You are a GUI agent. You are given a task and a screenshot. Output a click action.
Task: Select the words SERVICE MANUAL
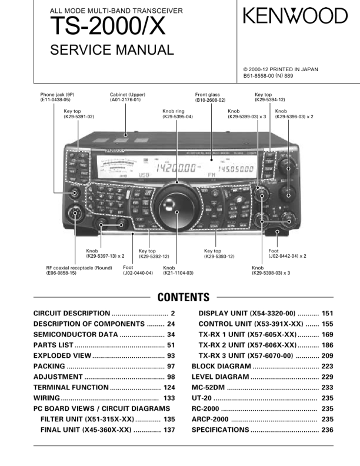(112, 50)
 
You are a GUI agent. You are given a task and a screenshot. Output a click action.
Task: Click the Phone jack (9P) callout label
(57, 98)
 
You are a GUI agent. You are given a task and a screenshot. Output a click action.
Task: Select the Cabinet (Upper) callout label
(127, 98)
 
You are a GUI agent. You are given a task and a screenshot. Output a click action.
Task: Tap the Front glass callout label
(210, 98)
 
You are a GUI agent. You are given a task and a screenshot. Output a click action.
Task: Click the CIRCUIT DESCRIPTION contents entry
(72, 314)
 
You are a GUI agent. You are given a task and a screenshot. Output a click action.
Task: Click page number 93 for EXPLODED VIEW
(171, 356)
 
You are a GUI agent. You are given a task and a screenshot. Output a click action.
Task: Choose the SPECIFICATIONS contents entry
(220, 430)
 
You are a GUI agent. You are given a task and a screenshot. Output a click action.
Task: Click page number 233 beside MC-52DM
(327, 388)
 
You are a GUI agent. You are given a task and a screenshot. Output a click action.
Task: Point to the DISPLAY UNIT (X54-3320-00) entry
(247, 314)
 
